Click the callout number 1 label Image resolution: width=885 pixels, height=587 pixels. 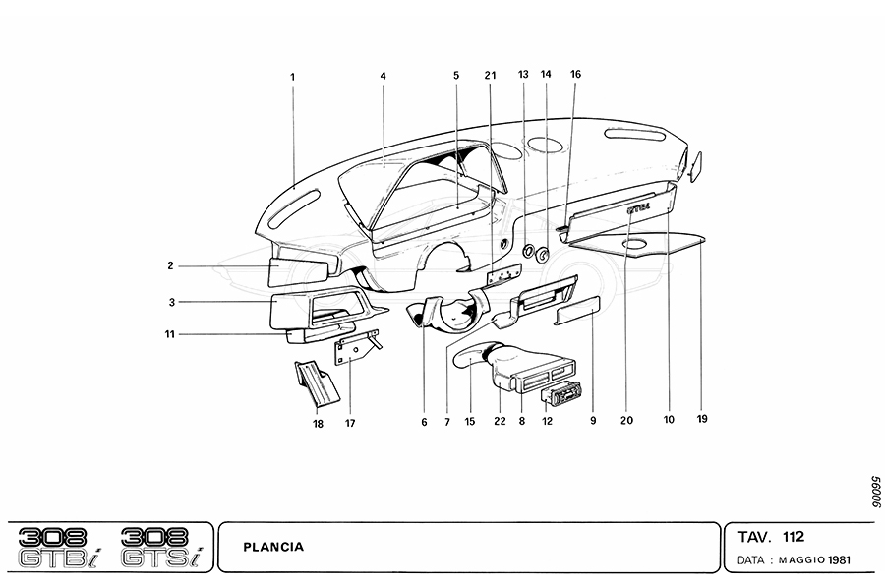coord(292,77)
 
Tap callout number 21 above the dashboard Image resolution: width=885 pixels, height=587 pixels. coord(490,75)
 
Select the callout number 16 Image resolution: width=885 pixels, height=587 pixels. coord(575,74)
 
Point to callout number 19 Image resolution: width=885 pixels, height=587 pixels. coord(702,419)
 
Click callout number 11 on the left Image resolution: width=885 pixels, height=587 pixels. coord(170,334)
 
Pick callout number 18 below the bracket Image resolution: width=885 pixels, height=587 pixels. coord(319,424)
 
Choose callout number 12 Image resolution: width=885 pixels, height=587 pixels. coord(547,421)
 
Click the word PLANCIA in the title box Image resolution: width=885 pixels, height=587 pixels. coord(273,547)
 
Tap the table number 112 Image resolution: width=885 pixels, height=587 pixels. coord(793,536)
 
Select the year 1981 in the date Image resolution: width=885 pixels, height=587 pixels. coord(839,560)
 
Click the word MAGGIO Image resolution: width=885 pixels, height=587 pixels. coord(801,560)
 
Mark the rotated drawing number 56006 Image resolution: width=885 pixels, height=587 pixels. coord(875,492)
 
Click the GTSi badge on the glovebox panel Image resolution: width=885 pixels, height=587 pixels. coord(638,207)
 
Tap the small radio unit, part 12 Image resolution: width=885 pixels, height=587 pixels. coord(560,394)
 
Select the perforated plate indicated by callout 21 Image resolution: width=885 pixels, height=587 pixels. coord(504,276)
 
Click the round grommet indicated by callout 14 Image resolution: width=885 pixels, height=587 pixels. coord(543,255)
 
